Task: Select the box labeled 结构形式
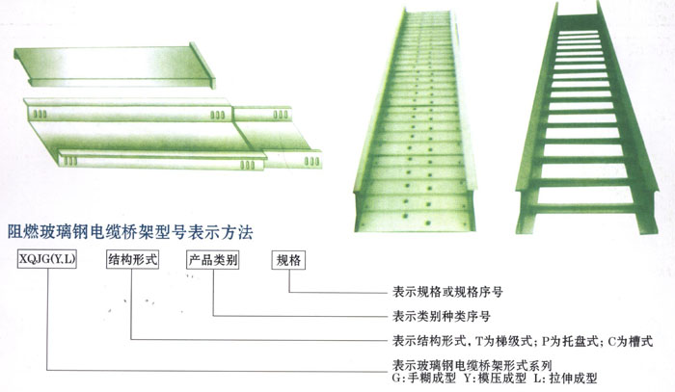pos(130,259)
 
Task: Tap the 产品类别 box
pos(212,259)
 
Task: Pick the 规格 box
pos(288,259)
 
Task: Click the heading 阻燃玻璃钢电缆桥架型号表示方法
pos(130,231)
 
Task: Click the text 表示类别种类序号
pos(448,315)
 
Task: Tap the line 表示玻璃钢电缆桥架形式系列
pos(472,365)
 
